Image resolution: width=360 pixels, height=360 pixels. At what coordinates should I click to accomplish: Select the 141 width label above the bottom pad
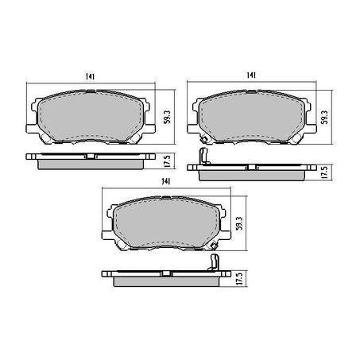click(x=167, y=182)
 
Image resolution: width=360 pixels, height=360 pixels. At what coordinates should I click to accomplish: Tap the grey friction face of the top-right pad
click(x=250, y=118)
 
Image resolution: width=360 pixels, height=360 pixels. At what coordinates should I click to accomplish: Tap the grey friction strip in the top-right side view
click(x=250, y=175)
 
